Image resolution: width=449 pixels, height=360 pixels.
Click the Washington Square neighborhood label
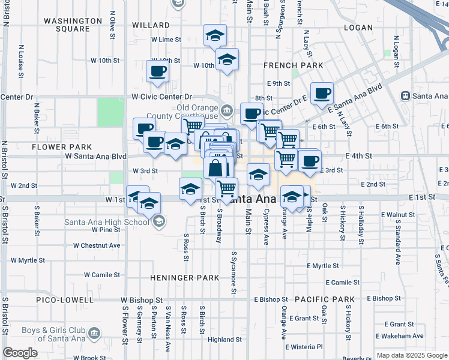[x=73, y=25]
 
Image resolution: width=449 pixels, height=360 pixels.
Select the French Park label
[x=294, y=65]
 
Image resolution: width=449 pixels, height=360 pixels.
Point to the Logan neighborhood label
[x=358, y=28]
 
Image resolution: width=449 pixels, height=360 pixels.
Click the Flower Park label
[x=62, y=146]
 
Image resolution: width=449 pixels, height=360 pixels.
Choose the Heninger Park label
[x=185, y=278]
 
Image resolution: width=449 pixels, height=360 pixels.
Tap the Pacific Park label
[x=325, y=299]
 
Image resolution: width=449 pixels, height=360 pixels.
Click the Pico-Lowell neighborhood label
[x=64, y=299]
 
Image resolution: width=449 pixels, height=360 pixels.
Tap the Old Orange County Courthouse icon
[x=228, y=110]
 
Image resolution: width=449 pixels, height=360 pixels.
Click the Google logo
[x=20, y=353]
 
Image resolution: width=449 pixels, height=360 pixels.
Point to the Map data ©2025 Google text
[x=411, y=355]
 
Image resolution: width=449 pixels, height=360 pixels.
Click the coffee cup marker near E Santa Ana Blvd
[x=322, y=93]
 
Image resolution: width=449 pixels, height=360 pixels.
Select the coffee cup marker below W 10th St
[x=157, y=71]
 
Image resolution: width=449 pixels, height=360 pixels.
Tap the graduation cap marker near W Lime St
[x=215, y=35]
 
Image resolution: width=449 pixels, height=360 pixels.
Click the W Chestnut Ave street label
[x=97, y=245]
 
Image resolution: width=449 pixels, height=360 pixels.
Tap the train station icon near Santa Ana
[x=406, y=96]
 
